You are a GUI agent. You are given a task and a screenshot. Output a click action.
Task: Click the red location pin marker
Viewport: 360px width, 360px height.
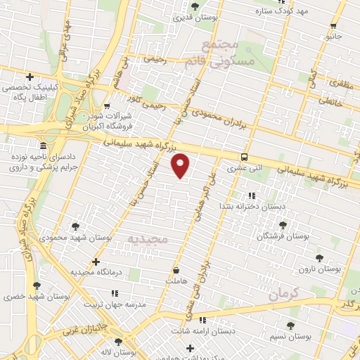(x=181, y=165)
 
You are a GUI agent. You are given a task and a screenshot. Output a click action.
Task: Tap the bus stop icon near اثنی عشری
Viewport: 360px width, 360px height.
(x=244, y=157)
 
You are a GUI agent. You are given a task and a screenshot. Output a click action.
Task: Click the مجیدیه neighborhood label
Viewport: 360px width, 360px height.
(x=148, y=240)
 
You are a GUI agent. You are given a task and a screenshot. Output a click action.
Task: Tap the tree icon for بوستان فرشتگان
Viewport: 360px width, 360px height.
(x=283, y=225)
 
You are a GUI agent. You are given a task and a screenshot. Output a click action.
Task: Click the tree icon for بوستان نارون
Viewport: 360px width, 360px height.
(x=320, y=258)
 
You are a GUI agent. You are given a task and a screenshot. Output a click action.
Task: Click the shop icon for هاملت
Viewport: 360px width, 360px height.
(x=176, y=269)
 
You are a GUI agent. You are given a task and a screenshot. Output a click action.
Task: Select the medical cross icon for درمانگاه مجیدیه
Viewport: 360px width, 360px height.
(x=96, y=262)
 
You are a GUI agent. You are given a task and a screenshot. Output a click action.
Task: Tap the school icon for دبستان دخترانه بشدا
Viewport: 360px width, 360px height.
(x=252, y=195)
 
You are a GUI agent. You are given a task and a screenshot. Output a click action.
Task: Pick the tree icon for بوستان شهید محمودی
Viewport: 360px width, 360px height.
(x=75, y=226)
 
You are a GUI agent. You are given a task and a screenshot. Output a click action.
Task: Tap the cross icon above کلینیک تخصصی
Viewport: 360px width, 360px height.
(x=30, y=77)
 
